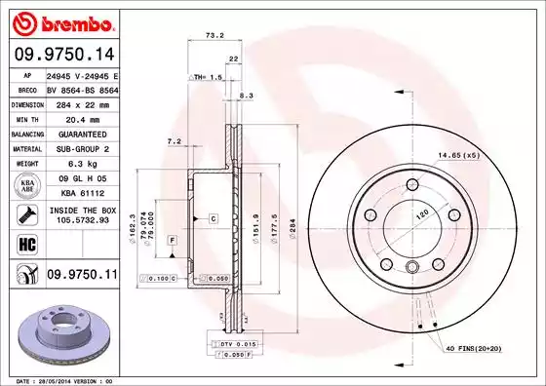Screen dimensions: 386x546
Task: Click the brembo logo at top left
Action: coord(61,21)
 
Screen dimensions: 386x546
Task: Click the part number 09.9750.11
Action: coord(61,276)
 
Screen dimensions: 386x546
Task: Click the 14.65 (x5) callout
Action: coord(457,155)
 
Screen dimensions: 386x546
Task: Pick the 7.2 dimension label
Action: coord(175,141)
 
